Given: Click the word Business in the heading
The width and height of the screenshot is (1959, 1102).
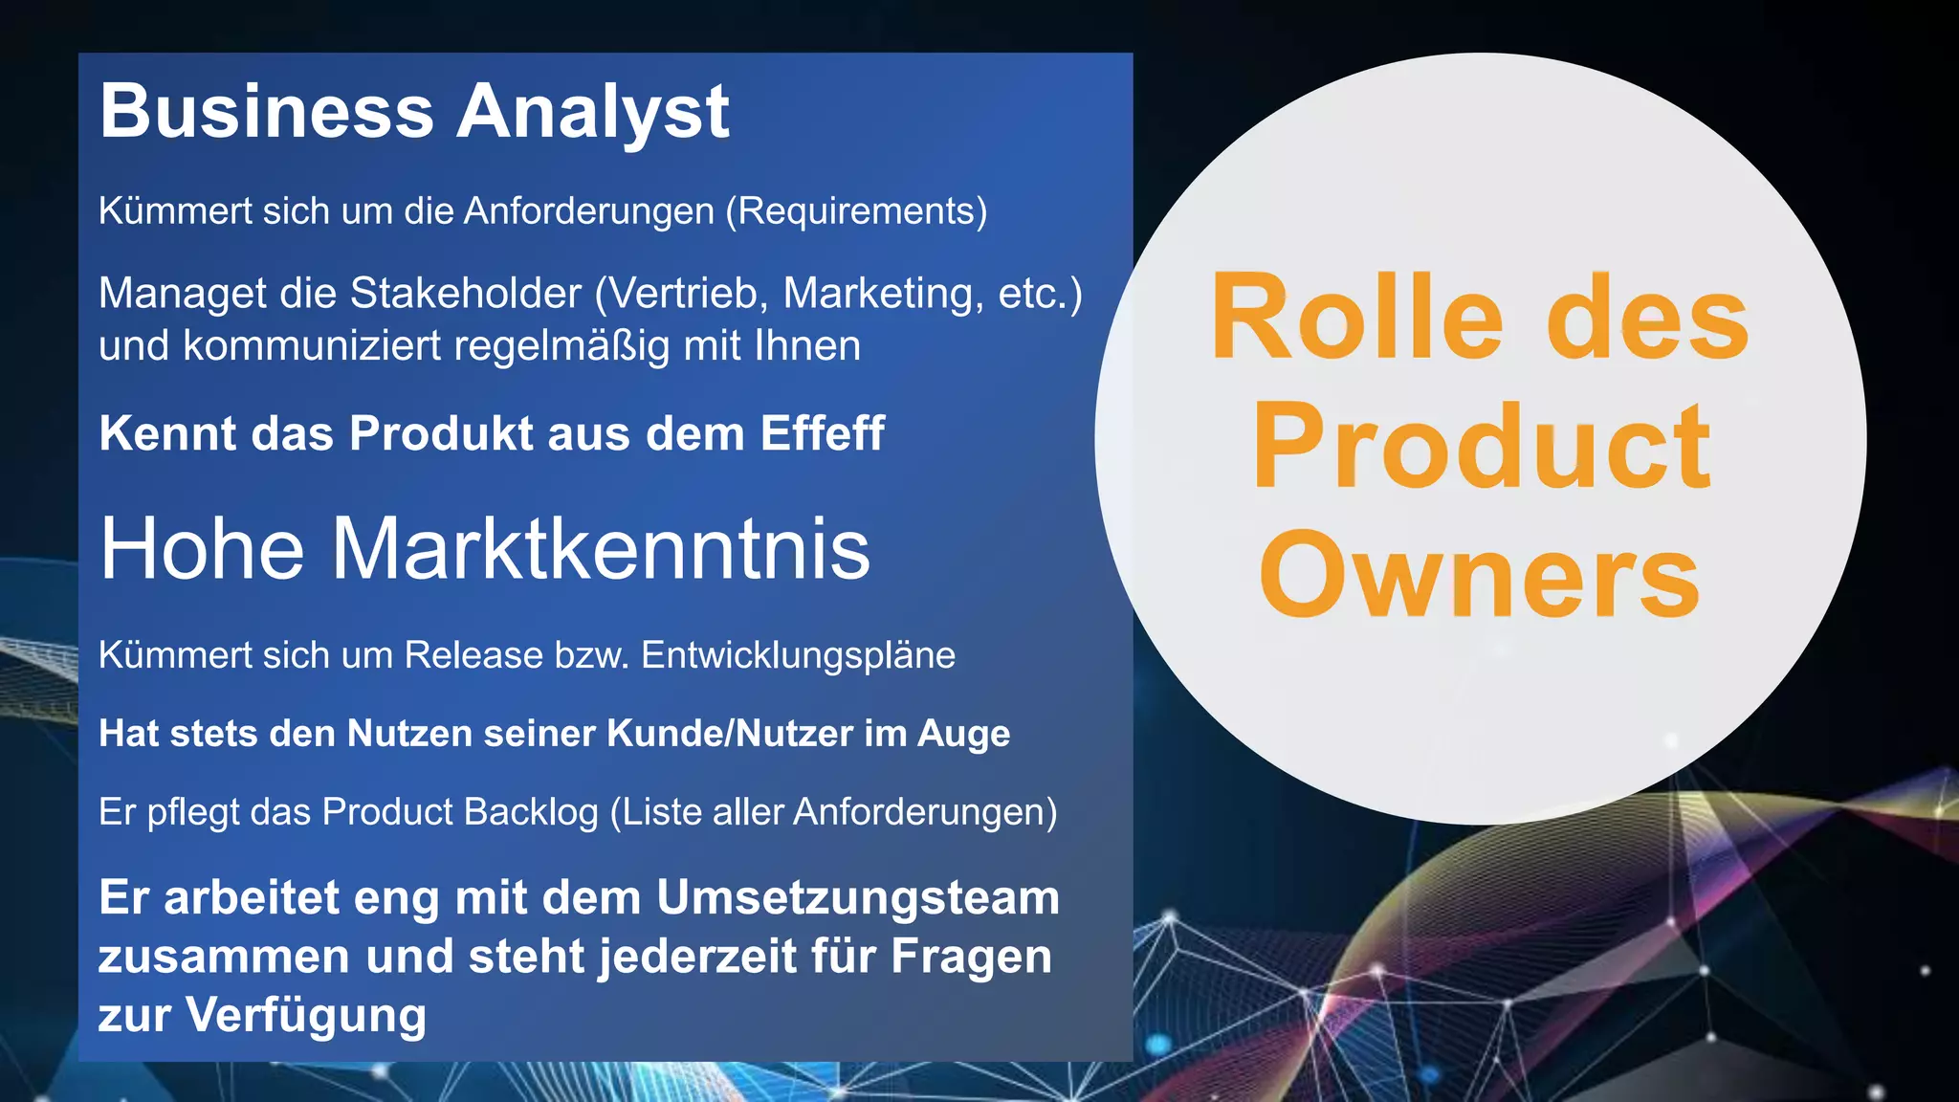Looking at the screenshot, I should [x=267, y=111].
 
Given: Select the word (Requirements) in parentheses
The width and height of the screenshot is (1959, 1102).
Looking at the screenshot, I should [x=856, y=211].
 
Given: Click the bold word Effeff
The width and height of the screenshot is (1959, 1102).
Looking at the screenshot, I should [x=822, y=433].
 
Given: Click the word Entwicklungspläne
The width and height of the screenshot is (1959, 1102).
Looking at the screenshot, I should [x=798, y=655].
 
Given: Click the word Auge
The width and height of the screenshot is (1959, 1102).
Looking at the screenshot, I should [x=963, y=735].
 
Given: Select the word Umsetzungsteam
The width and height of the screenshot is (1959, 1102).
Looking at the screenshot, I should [x=858, y=898].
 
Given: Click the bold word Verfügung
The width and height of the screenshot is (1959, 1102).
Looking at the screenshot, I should [x=306, y=1016].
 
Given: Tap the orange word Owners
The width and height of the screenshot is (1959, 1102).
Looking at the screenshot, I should [x=1479, y=575].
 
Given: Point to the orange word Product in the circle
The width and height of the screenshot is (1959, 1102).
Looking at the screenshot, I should [x=1481, y=446].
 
